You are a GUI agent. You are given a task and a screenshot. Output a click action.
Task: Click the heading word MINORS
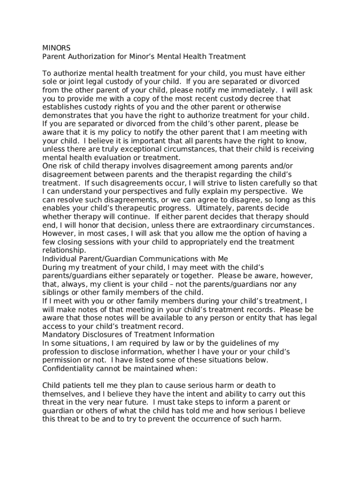pyautogui.click(x=57, y=48)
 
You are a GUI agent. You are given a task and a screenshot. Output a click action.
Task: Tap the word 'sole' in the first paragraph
pyautogui.click(x=50, y=82)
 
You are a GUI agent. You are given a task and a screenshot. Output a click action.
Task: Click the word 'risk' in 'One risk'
pyautogui.click(x=66, y=166)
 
